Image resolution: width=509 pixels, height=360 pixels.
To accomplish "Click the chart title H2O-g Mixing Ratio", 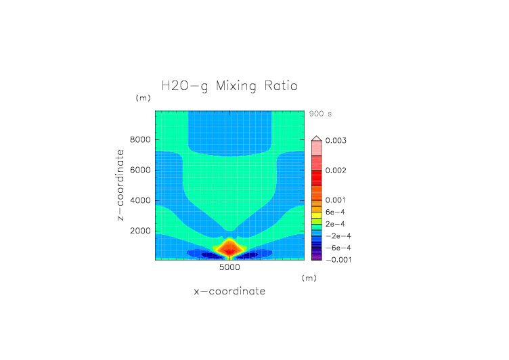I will coord(229,87).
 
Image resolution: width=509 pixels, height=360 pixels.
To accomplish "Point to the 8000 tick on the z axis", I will coord(140,140).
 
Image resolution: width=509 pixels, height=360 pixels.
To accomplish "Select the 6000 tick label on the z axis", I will coord(140,171).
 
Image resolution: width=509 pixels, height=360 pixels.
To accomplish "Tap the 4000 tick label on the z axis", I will coord(140,200).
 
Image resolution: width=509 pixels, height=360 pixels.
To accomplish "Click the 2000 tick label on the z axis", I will coord(140,231).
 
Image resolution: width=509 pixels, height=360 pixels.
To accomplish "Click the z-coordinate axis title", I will coord(120,185).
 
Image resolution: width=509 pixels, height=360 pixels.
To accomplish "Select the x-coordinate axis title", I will coord(229,292).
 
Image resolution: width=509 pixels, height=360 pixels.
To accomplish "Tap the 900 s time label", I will coord(320,114).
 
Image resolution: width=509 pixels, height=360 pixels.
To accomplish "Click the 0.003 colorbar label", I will coord(336,141).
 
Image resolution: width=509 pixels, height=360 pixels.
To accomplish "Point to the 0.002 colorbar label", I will coord(336,171).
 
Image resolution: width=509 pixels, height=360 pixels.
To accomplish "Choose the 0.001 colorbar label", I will coord(336,200).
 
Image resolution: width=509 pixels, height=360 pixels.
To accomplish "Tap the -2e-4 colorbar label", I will coord(337,236).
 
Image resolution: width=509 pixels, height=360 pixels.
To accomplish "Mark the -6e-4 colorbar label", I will coord(337,248).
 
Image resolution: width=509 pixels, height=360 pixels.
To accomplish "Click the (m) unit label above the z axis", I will coord(143,98).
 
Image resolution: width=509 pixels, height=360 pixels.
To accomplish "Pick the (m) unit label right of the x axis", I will coord(309,277).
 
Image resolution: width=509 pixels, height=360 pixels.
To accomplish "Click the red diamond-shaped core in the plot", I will coord(229,248).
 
